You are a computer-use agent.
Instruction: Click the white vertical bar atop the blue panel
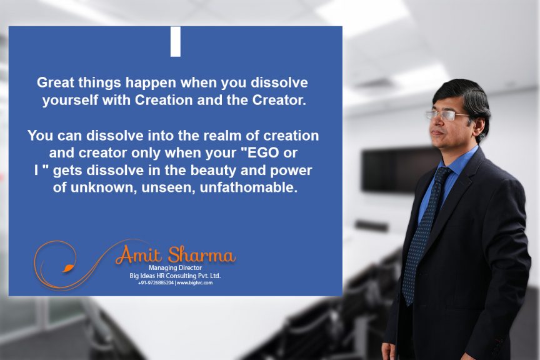[x=175, y=42]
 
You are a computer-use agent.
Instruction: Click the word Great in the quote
[x=55, y=82]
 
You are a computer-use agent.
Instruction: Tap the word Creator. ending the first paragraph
[x=279, y=100]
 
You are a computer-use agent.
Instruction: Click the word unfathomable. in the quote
[x=248, y=187]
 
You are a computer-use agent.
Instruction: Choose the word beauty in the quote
[x=214, y=170]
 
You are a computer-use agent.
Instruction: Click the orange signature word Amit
[x=139, y=255]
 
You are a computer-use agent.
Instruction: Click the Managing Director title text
[x=175, y=267]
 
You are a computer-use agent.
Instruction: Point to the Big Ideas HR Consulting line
[x=175, y=276]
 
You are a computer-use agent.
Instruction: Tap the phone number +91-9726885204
[x=156, y=283]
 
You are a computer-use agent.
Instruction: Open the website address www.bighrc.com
[x=194, y=283]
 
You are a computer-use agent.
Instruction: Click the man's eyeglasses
[x=447, y=115]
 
